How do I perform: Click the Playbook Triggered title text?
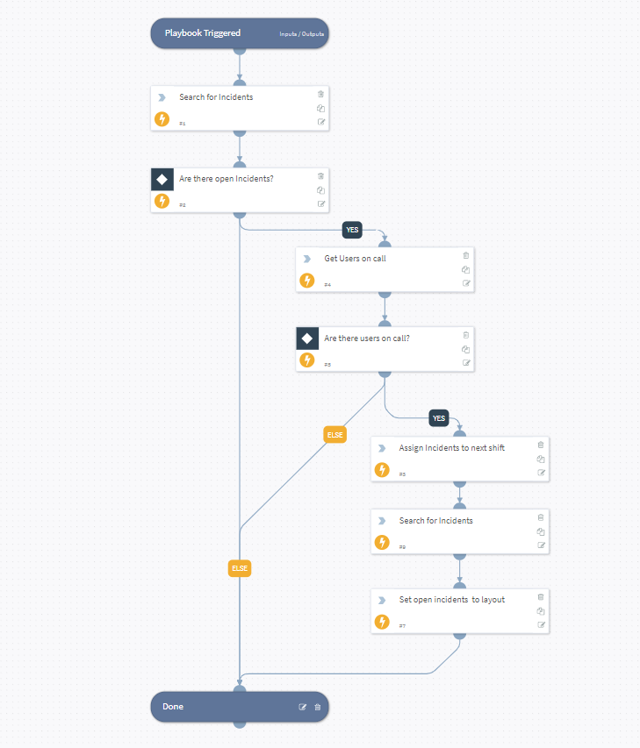pyautogui.click(x=202, y=33)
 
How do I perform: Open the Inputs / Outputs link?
pyautogui.click(x=301, y=34)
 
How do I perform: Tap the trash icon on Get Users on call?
pyautogui.click(x=466, y=255)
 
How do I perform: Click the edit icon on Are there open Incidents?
pyautogui.click(x=321, y=203)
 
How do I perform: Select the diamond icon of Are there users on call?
pyautogui.click(x=307, y=338)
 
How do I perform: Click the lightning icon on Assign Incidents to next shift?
pyautogui.click(x=381, y=470)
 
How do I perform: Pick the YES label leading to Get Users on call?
pyautogui.click(x=352, y=230)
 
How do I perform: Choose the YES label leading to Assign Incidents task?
pyautogui.click(x=439, y=418)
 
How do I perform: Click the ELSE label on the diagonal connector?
pyautogui.click(x=334, y=435)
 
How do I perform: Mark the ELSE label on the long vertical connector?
pyautogui.click(x=240, y=568)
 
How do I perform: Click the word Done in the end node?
pyautogui.click(x=173, y=707)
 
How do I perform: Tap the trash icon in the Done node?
pyautogui.click(x=318, y=707)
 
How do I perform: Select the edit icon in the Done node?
pyautogui.click(x=303, y=707)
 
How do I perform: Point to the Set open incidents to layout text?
pyautogui.click(x=451, y=600)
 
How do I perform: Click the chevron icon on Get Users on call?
pyautogui.click(x=306, y=259)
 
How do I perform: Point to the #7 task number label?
pyautogui.click(x=402, y=626)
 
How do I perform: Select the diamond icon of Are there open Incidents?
pyautogui.click(x=162, y=179)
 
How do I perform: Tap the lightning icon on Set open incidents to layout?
pyautogui.click(x=381, y=622)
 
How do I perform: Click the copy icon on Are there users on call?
pyautogui.click(x=466, y=349)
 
